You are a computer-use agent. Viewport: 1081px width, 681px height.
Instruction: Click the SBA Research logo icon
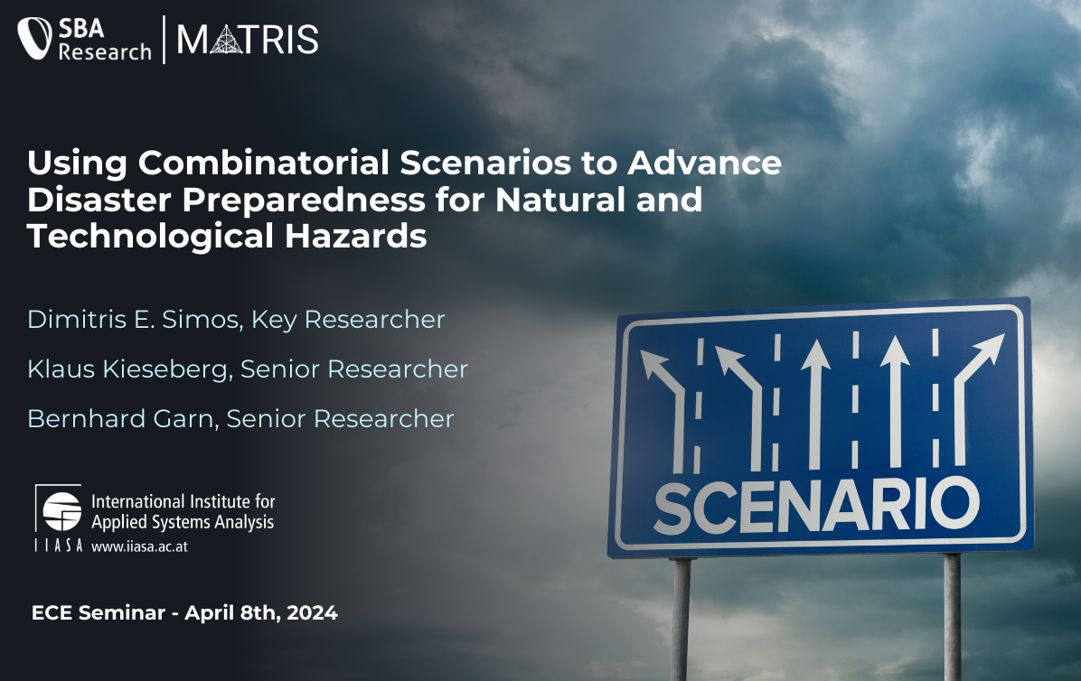[x=34, y=38]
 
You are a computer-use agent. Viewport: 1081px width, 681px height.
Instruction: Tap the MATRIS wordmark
[x=248, y=39]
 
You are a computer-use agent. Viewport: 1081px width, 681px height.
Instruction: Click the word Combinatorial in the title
[x=263, y=163]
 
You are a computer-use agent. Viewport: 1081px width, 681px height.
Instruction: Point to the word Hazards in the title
[x=355, y=236]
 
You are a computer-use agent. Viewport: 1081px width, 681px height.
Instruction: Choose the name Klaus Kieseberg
[x=127, y=369]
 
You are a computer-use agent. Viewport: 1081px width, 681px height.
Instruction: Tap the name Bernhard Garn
[x=120, y=419]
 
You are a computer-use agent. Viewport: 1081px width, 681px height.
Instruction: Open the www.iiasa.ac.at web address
[x=139, y=546]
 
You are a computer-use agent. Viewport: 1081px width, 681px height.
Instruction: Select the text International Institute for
[x=183, y=501]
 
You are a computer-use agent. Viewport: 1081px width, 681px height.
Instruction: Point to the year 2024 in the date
[x=313, y=613]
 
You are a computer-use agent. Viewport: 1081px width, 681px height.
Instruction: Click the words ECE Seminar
[x=99, y=613]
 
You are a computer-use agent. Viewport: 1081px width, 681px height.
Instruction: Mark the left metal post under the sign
[x=681, y=619]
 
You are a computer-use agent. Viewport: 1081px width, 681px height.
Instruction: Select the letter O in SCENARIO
[x=955, y=502]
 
